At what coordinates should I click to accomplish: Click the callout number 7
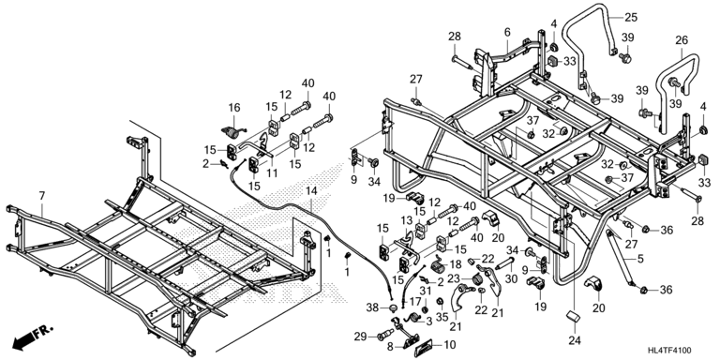pyautogui.click(x=42, y=196)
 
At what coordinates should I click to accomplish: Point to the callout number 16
pyautogui.click(x=234, y=108)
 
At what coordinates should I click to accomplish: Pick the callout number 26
pyautogui.click(x=682, y=40)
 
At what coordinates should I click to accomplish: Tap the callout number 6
pyautogui.click(x=507, y=32)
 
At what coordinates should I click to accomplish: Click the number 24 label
pyautogui.click(x=575, y=340)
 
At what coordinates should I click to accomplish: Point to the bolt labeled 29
pyautogui.click(x=384, y=336)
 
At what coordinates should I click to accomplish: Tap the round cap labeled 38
pyautogui.click(x=393, y=307)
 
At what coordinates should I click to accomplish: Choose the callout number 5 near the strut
pyautogui.click(x=640, y=259)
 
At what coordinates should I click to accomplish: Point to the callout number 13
pyautogui.click(x=407, y=220)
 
